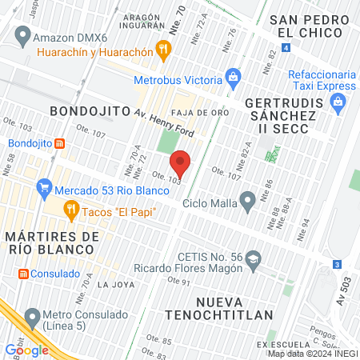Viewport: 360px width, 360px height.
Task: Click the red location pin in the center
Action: coord(181,163)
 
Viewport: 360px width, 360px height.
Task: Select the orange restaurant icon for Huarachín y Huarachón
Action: coord(164,51)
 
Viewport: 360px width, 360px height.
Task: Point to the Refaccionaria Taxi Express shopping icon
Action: coord(338,102)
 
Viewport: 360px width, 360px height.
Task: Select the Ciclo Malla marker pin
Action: coord(248,201)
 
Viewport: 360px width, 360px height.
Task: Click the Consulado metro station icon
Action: coord(23,274)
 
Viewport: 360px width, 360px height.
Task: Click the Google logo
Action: coord(27,350)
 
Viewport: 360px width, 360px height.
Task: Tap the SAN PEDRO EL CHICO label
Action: coord(310,26)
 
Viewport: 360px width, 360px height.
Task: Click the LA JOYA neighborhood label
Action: coord(112,284)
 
